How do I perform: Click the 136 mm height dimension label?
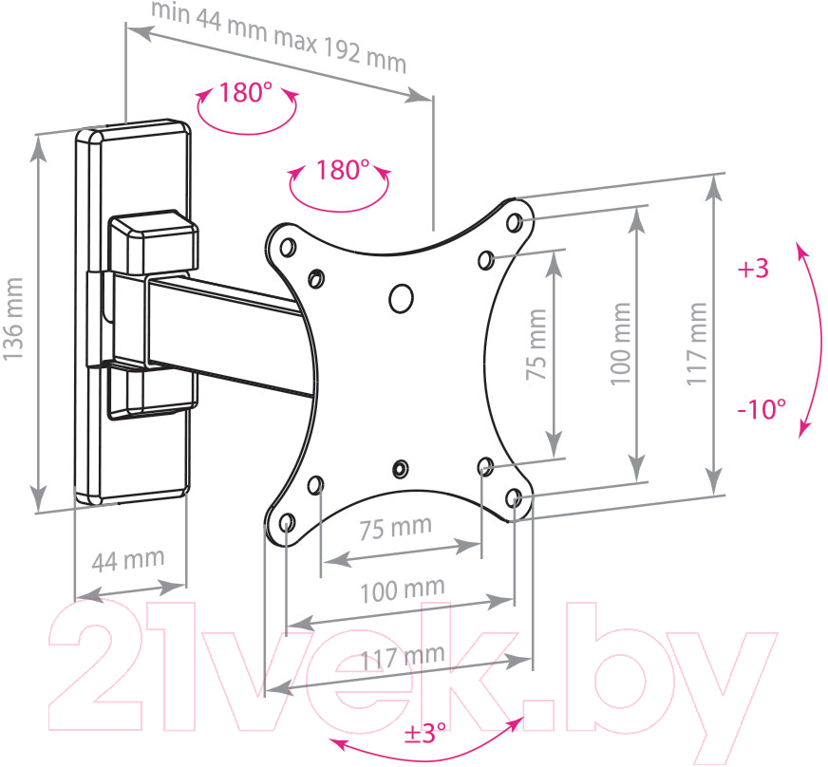click(13, 319)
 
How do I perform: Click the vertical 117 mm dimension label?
click(697, 344)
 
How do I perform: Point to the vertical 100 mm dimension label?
click(621, 344)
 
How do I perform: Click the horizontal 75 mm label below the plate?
click(396, 528)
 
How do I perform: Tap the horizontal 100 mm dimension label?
click(403, 589)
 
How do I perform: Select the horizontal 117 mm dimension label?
click(403, 657)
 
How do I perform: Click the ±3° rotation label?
click(424, 733)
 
